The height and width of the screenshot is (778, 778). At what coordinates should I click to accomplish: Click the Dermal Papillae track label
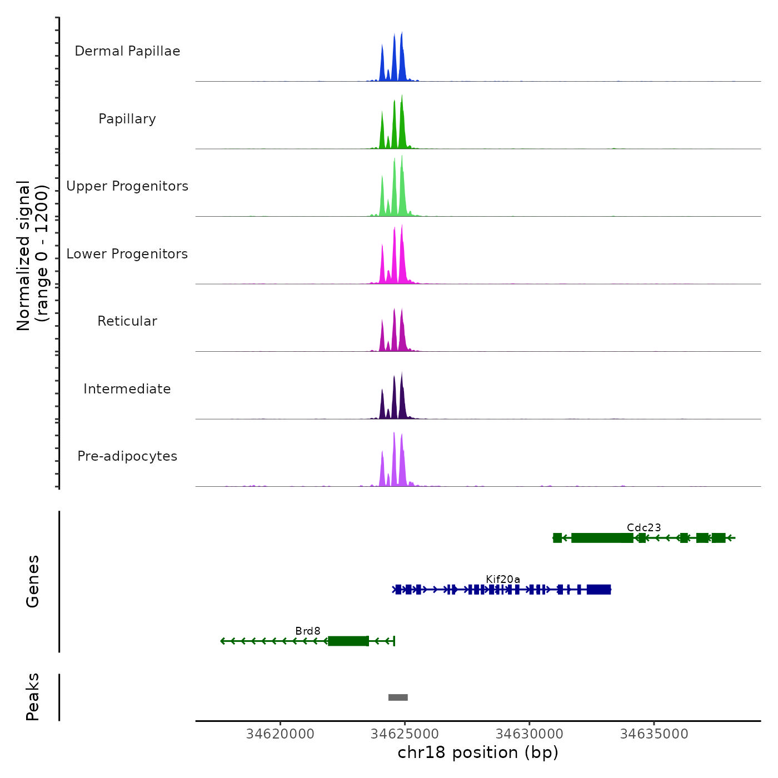pyautogui.click(x=127, y=51)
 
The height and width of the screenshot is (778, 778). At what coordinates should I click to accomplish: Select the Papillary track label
pyautogui.click(x=127, y=119)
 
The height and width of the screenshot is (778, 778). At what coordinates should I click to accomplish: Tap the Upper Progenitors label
pyautogui.click(x=127, y=186)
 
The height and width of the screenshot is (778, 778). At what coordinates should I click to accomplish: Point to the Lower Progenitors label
pyautogui.click(x=127, y=254)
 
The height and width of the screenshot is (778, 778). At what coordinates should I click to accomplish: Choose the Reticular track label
pyautogui.click(x=127, y=321)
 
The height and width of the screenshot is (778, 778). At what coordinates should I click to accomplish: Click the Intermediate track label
pyautogui.click(x=127, y=389)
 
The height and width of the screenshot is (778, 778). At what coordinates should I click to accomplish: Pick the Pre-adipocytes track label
pyautogui.click(x=127, y=456)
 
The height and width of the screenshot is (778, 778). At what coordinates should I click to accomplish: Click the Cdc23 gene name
pyautogui.click(x=644, y=527)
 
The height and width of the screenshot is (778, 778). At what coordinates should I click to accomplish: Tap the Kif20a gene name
pyautogui.click(x=503, y=579)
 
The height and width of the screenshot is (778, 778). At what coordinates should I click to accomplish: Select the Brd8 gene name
pyautogui.click(x=308, y=631)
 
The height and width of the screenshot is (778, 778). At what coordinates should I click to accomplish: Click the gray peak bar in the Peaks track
pyautogui.click(x=398, y=697)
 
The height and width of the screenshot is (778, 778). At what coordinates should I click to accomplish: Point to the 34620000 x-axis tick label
pyautogui.click(x=280, y=734)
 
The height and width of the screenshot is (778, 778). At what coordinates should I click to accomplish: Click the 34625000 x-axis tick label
pyautogui.click(x=405, y=734)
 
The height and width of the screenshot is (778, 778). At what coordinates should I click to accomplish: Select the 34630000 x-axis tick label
pyautogui.click(x=530, y=734)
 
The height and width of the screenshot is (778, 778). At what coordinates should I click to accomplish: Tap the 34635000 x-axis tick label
pyautogui.click(x=654, y=734)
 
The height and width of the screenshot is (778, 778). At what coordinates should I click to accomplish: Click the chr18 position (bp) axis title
pyautogui.click(x=478, y=752)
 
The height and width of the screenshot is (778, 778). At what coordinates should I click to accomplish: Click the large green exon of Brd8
pyautogui.click(x=348, y=641)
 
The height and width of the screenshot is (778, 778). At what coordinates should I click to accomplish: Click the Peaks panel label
pyautogui.click(x=33, y=697)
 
